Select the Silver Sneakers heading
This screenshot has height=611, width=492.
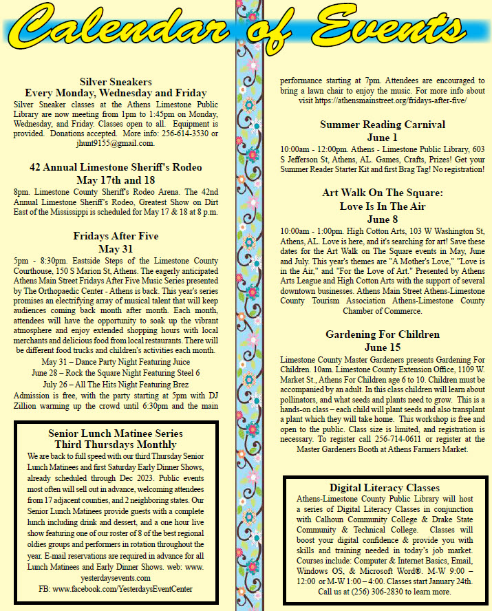point(116,81)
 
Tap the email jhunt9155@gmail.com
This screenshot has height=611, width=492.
point(116,143)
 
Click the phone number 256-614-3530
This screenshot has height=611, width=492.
point(186,133)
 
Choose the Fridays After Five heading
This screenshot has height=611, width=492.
point(116,236)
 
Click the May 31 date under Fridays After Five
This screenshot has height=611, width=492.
point(116,248)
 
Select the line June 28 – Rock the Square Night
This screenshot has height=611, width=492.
point(116,372)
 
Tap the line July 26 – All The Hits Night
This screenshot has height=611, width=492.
point(116,383)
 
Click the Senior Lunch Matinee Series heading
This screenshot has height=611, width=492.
point(116,433)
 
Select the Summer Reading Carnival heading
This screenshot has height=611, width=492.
point(383,125)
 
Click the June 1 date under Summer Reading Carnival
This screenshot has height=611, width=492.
point(383,137)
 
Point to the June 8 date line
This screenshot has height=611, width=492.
point(383,219)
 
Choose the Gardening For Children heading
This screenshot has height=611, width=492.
point(383,334)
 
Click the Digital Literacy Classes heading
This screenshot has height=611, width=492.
point(384,488)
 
